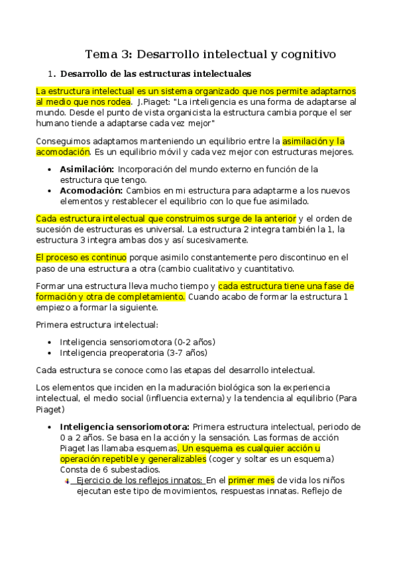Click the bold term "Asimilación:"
pos(87,169)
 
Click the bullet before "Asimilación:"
pos(52,169)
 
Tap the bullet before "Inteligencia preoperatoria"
pos(52,353)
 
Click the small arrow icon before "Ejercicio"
pos(66,480)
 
